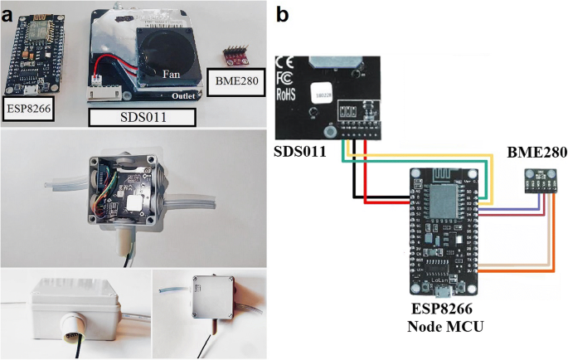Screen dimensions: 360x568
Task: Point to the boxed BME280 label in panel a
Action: tap(235, 84)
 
